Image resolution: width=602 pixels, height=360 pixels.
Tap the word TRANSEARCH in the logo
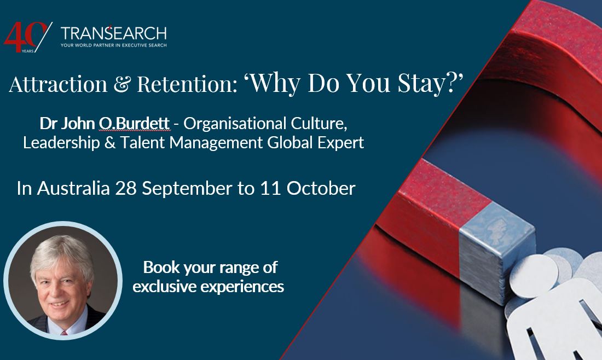tap(114, 32)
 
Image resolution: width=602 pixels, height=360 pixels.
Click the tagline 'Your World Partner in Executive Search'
tap(114, 45)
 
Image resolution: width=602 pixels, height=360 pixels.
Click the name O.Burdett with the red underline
tap(134, 124)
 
